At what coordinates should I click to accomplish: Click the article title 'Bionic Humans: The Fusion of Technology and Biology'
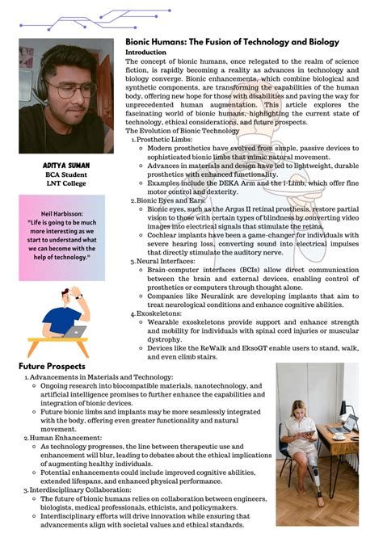tap(231, 42)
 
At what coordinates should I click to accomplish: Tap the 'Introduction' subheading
tap(145, 53)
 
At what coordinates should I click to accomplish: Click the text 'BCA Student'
tap(66, 174)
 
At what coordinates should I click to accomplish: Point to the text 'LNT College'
tap(66, 183)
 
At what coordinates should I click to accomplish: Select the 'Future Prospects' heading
tap(52, 367)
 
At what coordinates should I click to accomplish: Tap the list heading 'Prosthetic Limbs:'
tap(166, 140)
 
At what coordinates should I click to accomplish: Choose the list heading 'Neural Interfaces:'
tap(167, 261)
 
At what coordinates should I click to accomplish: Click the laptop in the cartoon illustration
tap(78, 330)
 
